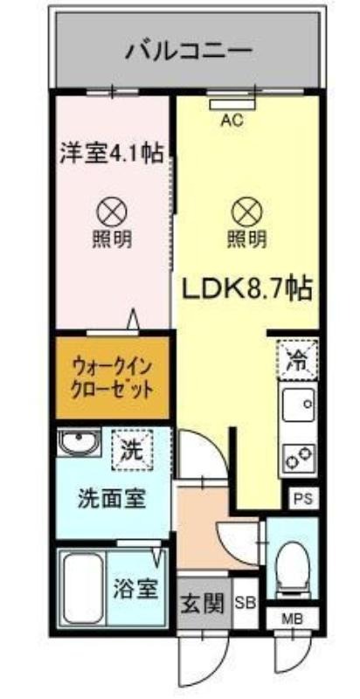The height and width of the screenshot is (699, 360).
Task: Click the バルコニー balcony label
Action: (x=189, y=52)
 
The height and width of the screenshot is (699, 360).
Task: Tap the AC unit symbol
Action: (x=233, y=104)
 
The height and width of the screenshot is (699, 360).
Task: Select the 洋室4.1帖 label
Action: (x=111, y=154)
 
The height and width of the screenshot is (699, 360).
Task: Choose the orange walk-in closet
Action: (x=112, y=378)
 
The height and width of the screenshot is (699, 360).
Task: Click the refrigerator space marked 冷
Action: (x=298, y=361)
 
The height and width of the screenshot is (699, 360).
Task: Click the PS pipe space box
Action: (x=303, y=497)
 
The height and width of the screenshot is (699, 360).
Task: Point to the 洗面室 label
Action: (x=112, y=498)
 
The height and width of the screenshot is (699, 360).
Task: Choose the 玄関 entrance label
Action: (x=204, y=605)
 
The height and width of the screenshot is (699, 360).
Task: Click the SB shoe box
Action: (x=246, y=603)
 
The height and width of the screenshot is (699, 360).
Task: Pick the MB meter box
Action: (x=293, y=619)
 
